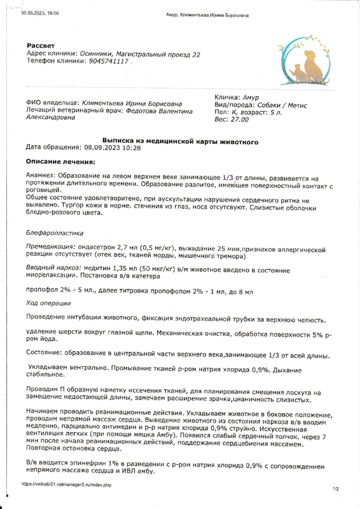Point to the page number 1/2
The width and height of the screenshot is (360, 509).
[335, 489]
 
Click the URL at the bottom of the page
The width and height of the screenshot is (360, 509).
[62, 484]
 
